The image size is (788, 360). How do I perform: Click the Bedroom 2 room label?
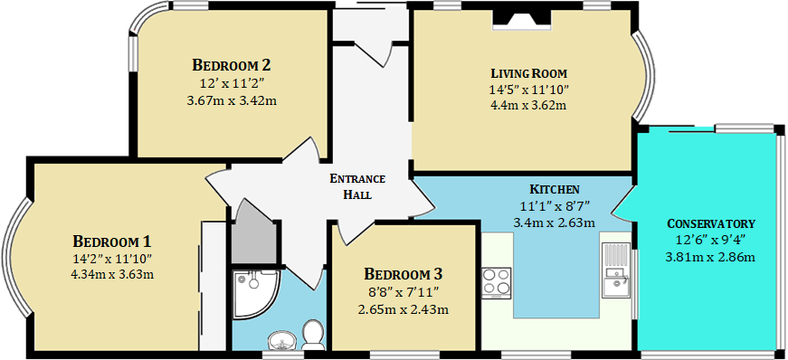click(x=232, y=65)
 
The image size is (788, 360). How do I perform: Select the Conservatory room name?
click(x=710, y=223)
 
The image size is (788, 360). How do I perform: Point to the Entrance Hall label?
click(x=357, y=186)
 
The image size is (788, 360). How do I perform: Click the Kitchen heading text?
click(x=555, y=190)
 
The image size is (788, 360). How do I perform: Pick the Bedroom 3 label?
click(x=403, y=275)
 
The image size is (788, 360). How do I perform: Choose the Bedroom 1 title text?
click(x=112, y=242)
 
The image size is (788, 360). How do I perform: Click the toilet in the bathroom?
click(x=314, y=335)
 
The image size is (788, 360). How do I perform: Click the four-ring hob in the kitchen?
click(x=496, y=282)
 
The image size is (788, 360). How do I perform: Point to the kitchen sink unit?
click(x=615, y=270)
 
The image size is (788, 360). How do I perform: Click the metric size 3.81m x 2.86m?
click(x=710, y=258)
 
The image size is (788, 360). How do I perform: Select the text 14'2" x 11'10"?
click(x=112, y=260)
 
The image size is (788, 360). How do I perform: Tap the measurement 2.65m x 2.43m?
click(x=403, y=309)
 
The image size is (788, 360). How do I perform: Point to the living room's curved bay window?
click(x=641, y=77)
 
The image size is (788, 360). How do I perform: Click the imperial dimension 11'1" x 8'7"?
click(x=555, y=205)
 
